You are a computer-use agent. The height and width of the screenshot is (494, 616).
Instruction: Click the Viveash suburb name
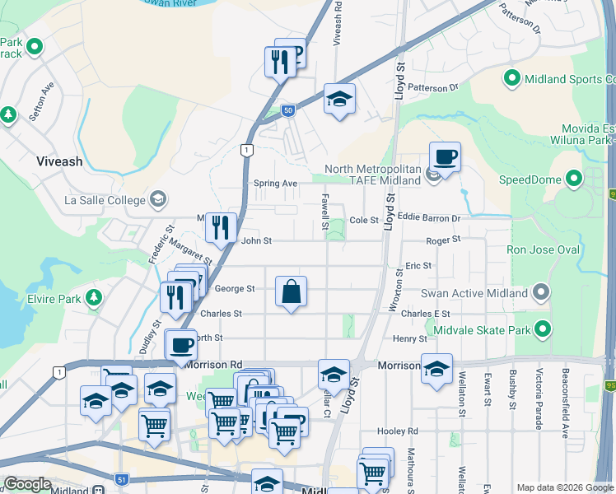tap(59, 161)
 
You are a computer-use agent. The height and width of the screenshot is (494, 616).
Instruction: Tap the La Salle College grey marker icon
tap(158, 199)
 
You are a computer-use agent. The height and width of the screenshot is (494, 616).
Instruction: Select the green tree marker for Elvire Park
tap(95, 296)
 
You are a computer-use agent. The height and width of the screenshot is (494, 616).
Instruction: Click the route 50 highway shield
tap(287, 110)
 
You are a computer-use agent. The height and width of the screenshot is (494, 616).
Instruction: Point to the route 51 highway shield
tap(121, 479)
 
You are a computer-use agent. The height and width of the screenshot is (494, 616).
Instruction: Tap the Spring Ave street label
tap(275, 183)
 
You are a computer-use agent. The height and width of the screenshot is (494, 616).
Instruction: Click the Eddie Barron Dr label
tap(428, 219)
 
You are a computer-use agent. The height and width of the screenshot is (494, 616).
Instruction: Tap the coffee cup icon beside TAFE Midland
tap(445, 156)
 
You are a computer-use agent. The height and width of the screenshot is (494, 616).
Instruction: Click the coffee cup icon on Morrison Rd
tap(180, 344)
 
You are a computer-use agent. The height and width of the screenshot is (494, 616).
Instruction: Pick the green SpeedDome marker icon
tap(572, 179)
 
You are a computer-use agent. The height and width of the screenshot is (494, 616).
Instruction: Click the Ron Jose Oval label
tap(543, 249)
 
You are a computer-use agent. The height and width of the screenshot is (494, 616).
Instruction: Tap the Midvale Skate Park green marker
tap(542, 330)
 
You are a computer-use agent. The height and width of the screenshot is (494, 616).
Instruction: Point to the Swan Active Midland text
tap(474, 293)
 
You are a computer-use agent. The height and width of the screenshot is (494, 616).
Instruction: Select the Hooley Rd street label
tap(398, 431)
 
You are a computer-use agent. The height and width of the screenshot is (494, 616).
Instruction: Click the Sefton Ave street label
tap(41, 101)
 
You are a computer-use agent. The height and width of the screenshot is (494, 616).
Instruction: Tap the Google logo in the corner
tap(27, 484)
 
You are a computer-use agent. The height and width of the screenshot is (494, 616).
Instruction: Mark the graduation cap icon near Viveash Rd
tap(339, 99)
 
